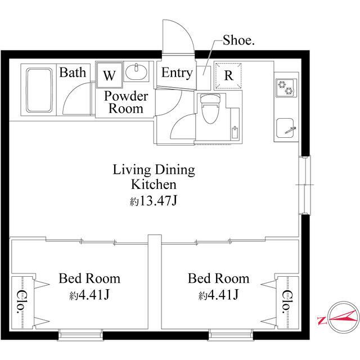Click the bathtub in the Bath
(39, 90)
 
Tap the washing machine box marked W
(109, 75)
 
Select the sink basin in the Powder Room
(136, 71)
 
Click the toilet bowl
(210, 109)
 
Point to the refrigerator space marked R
(228, 75)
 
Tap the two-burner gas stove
(286, 88)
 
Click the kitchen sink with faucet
(286, 128)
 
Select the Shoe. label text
(238, 40)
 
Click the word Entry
(177, 73)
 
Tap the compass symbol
(344, 318)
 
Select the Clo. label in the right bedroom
(287, 302)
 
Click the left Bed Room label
(89, 278)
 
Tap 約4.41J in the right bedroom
(219, 295)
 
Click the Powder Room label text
(126, 102)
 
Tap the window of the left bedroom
(80, 335)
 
